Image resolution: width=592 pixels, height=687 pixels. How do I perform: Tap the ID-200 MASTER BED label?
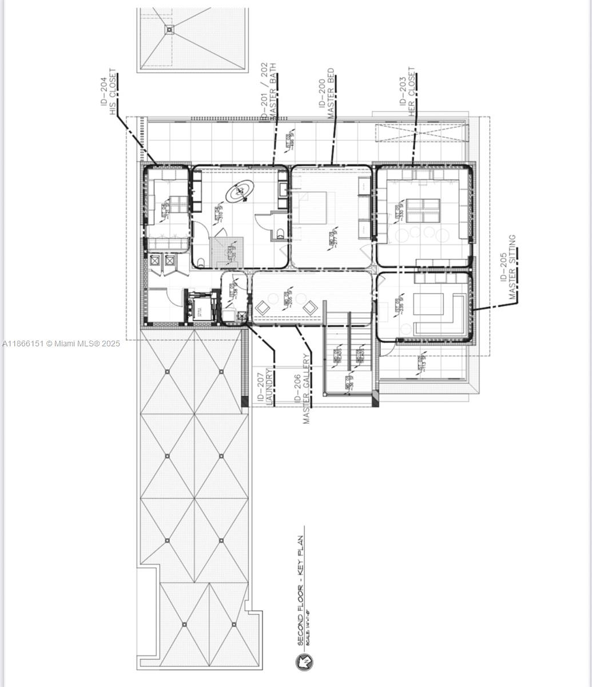click(326, 94)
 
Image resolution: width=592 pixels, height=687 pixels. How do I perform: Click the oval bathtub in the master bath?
click(240, 192)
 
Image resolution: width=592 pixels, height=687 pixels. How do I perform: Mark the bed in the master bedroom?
click(312, 208)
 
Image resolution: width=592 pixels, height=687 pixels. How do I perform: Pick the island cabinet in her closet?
click(423, 210)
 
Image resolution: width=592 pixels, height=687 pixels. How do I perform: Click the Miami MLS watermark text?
click(61, 343)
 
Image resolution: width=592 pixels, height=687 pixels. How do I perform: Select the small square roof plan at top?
click(193, 39)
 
